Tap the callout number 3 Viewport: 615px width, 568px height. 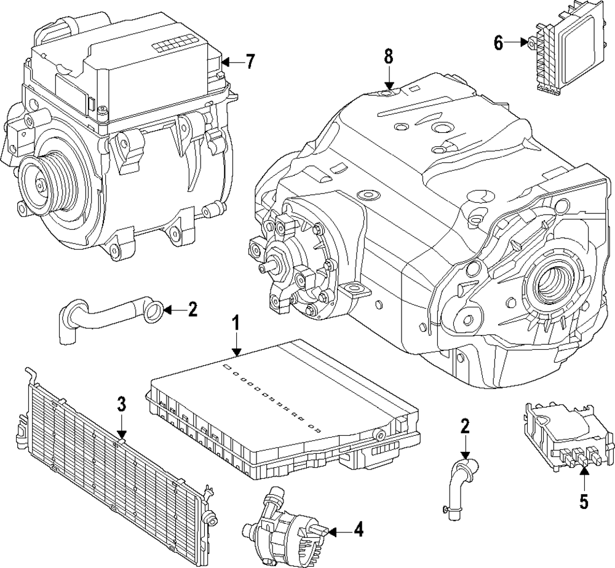tap(122, 404)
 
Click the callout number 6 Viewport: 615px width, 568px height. tap(498, 43)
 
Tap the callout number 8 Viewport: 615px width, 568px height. tap(388, 56)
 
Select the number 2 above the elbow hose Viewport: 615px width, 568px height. tap(465, 426)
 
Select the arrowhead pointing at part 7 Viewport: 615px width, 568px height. tap(225, 62)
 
